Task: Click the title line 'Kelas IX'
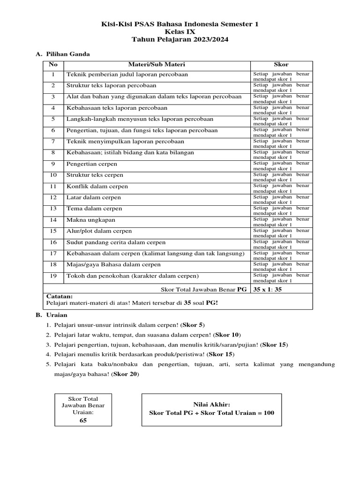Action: pos(180,32)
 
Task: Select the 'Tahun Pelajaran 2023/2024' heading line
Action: pos(180,40)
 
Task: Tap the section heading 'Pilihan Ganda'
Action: pos(67,54)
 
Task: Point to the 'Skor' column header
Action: pos(281,64)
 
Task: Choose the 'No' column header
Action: pos(53,64)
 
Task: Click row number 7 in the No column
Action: pos(53,142)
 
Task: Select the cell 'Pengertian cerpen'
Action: pos(92,164)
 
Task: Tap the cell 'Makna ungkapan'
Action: pos(91,220)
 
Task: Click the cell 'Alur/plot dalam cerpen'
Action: pos(99,231)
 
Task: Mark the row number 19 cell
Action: pos(53,276)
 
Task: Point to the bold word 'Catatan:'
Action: pos(60,297)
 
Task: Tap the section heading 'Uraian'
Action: pos(56,315)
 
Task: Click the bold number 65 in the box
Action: pos(83,420)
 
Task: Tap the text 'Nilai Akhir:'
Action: pos(211,404)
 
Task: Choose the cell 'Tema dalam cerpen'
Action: pos(94,209)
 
